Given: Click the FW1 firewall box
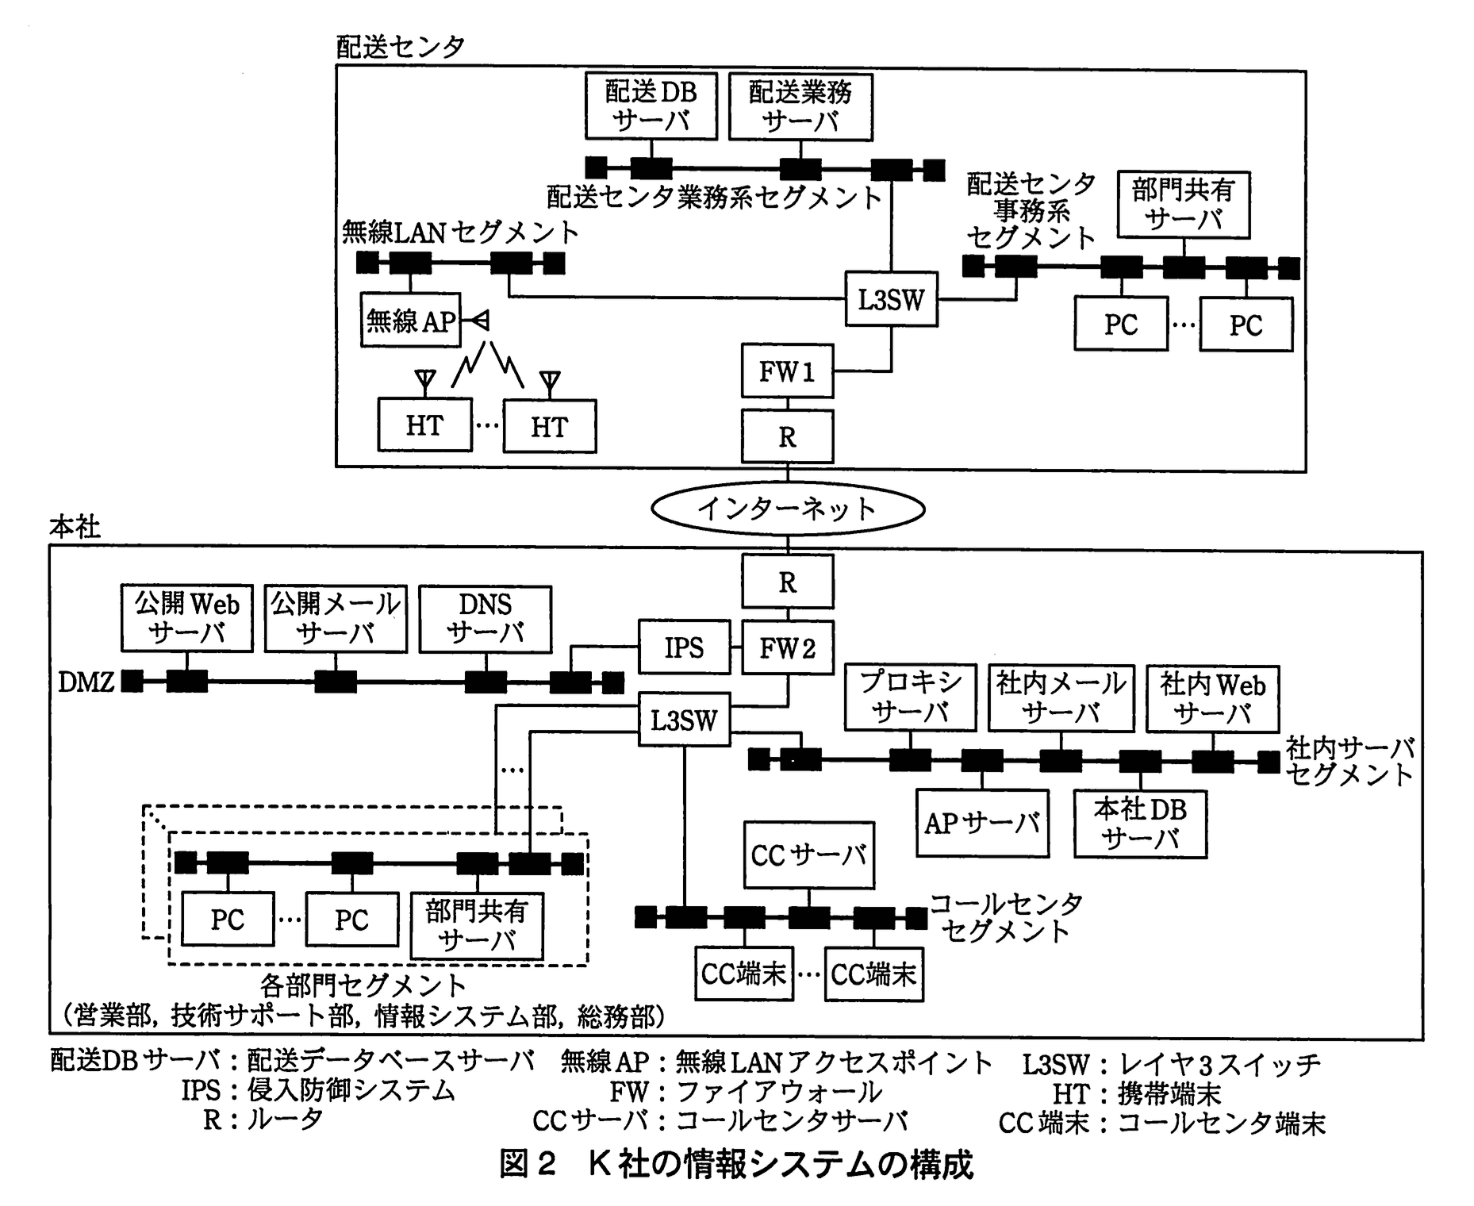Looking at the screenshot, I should tap(787, 371).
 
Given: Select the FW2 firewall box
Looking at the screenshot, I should tap(787, 648).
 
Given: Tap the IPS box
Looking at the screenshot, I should tap(684, 648).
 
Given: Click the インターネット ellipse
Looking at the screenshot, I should tap(787, 509).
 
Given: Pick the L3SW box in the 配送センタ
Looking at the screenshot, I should tap(891, 300).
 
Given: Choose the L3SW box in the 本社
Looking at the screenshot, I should tap(684, 720).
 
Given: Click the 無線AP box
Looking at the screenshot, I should tap(410, 321).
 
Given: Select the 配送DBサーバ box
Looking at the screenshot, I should tap(651, 106).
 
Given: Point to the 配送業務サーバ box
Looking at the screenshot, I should tap(800, 106).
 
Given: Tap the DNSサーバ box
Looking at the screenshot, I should tap(485, 619).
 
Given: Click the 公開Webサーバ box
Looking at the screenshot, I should tap(186, 618).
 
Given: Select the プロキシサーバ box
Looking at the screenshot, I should tap(910, 697).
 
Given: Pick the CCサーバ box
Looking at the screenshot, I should tap(808, 855).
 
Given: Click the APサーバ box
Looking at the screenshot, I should tap(981, 824).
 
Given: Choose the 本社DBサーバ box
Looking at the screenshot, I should tap(1140, 824).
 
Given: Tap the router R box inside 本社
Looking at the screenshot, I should tap(787, 582).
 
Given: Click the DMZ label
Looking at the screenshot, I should tap(86, 682).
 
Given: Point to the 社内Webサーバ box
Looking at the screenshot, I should tap(1212, 698).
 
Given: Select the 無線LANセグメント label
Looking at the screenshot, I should tap(460, 232).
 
